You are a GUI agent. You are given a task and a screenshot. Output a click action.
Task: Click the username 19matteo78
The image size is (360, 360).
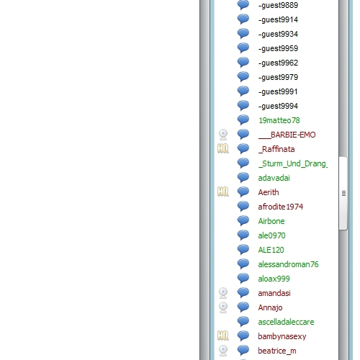tap(279, 120)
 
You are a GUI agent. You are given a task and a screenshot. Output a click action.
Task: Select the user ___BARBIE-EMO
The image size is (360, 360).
tap(287, 135)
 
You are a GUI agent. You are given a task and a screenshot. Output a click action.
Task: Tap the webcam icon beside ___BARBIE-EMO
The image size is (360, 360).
tap(223, 135)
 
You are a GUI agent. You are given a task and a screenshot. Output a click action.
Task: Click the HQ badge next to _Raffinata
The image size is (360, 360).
tap(223, 148)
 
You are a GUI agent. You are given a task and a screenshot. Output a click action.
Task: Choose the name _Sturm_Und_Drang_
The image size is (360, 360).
tap(293, 163)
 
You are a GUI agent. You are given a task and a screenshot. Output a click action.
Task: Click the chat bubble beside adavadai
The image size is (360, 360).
tap(243, 177)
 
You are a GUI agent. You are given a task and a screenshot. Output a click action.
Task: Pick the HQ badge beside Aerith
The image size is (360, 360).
tap(223, 192)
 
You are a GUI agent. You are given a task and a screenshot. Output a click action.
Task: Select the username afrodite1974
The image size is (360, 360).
tap(281, 207)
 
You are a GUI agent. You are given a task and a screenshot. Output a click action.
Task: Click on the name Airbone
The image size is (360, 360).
tap(271, 221)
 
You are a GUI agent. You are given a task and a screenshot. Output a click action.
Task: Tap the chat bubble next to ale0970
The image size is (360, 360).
tap(243, 235)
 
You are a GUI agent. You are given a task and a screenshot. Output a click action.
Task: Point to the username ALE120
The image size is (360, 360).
tap(271, 250)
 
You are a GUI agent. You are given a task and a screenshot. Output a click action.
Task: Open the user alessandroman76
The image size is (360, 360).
tap(288, 264)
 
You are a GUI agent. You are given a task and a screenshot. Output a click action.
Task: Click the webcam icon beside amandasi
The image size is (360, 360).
tap(223, 293)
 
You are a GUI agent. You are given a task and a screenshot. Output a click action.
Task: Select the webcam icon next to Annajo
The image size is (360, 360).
tap(223, 307)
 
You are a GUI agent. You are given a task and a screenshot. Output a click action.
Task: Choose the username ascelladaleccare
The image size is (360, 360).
tap(286, 322)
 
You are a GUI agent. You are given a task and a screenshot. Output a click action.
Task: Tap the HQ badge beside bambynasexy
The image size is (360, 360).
tap(223, 336)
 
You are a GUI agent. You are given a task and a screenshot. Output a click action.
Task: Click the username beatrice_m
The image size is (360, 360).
tap(277, 351)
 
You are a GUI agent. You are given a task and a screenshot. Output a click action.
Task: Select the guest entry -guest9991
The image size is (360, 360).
tap(278, 91)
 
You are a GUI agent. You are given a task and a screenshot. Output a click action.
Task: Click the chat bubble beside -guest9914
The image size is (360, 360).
tap(243, 19)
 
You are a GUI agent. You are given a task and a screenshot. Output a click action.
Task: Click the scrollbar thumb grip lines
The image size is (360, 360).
tap(343, 193)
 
